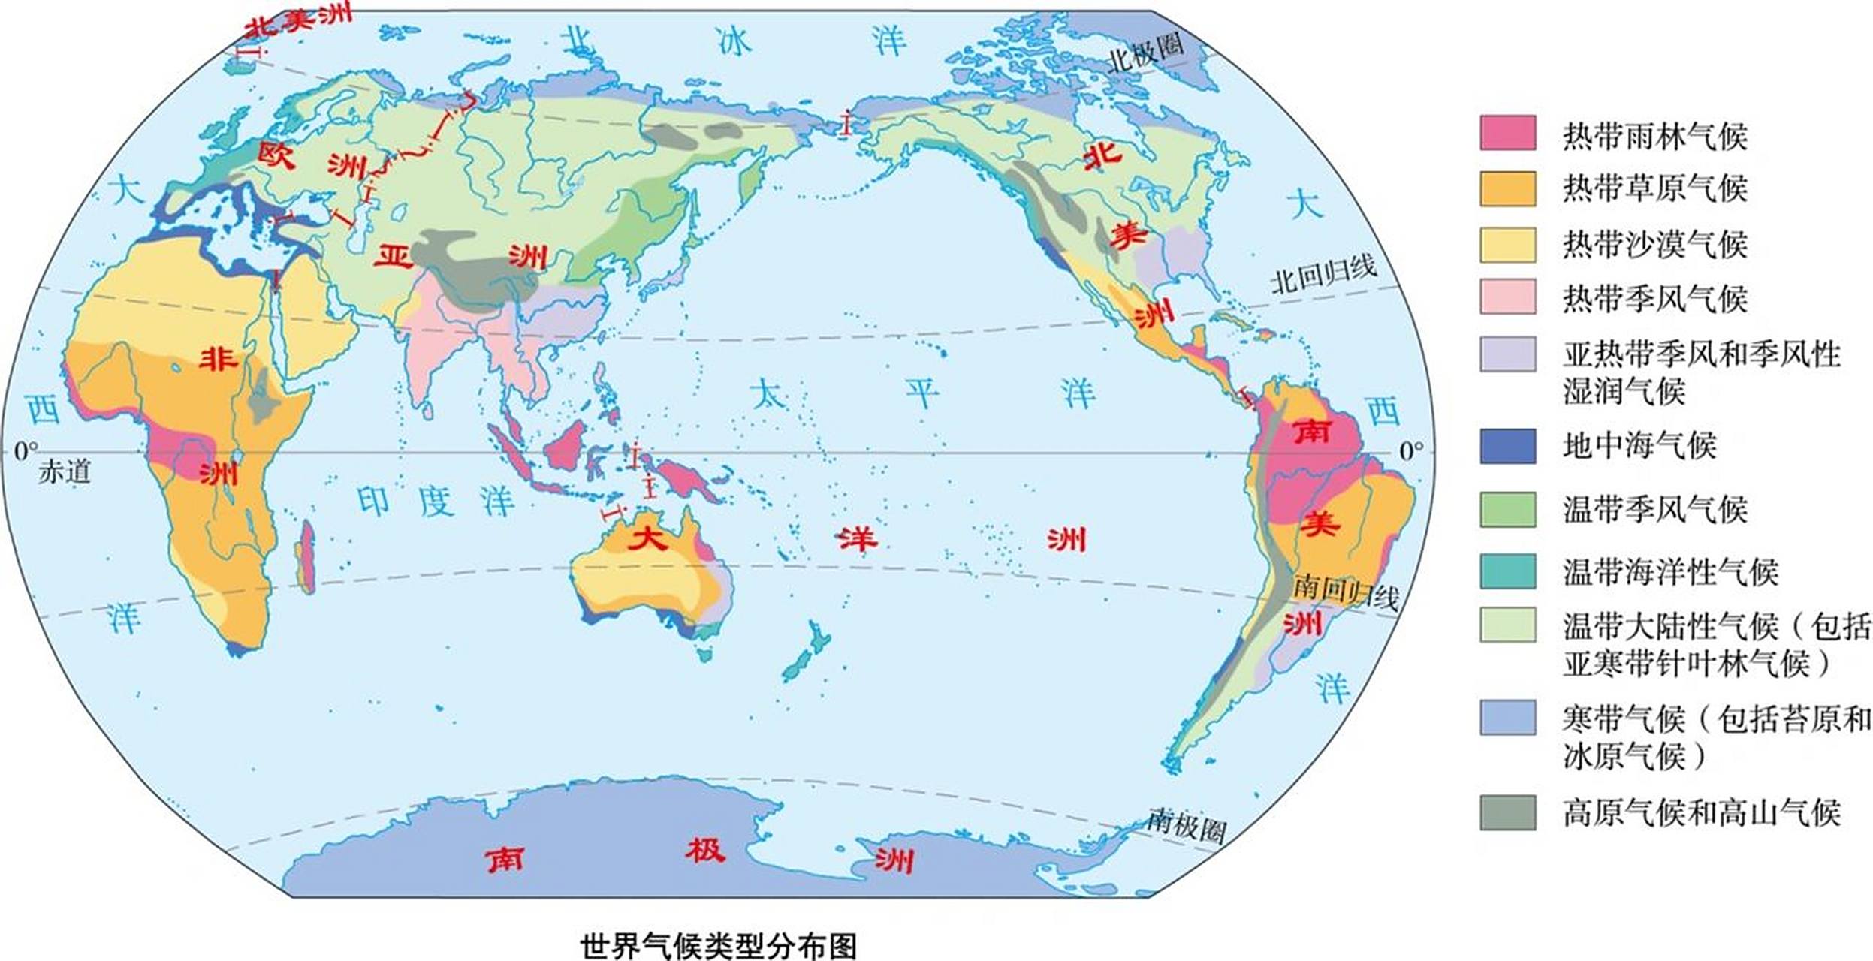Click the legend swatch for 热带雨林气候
(x=1507, y=133)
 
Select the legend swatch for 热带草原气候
(x=1507, y=188)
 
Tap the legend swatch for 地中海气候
(x=1507, y=446)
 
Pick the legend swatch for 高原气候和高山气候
(x=1507, y=812)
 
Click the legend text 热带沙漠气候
(x=1655, y=244)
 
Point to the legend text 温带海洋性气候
(x=1670, y=572)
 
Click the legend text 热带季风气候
(x=1655, y=298)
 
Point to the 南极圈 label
(x=1187, y=826)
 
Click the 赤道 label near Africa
(x=65, y=472)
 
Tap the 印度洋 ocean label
(x=435, y=502)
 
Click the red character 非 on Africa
(x=218, y=359)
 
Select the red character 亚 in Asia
(x=394, y=257)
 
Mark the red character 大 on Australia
(x=647, y=538)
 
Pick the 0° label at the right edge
(x=1411, y=450)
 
